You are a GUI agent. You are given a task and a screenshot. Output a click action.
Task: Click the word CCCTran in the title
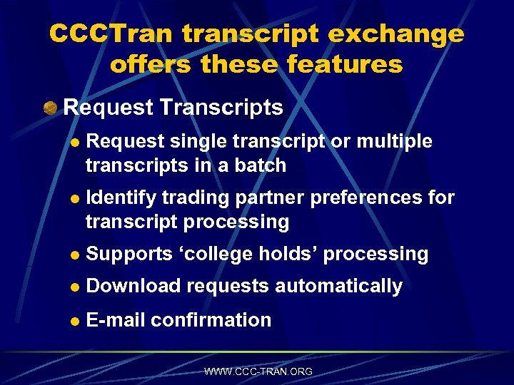pyautogui.click(x=113, y=34)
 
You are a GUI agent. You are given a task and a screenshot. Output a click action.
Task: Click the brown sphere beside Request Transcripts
pyautogui.click(x=50, y=108)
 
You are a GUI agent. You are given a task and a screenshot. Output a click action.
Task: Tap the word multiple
pyautogui.click(x=394, y=141)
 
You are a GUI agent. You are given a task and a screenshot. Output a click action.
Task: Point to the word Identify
pyautogui.click(x=121, y=197)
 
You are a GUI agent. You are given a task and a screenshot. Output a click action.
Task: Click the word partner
pyautogui.click(x=258, y=197)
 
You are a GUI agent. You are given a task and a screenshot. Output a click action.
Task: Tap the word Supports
pyautogui.click(x=129, y=254)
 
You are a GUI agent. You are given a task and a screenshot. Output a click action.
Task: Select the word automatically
pyautogui.click(x=339, y=286)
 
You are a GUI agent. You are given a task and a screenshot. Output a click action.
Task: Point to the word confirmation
pyautogui.click(x=211, y=320)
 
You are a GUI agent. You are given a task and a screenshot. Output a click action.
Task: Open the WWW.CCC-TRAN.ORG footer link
pyautogui.click(x=258, y=371)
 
